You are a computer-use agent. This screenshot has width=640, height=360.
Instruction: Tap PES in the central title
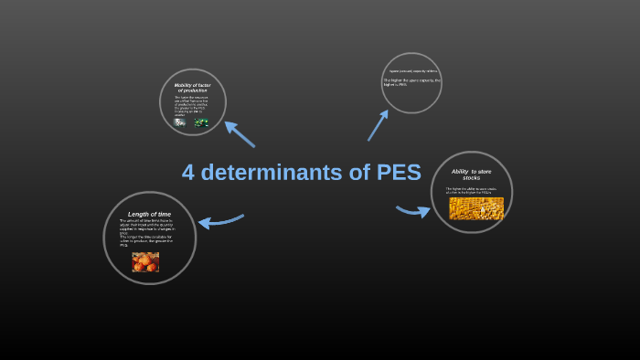pos(399,172)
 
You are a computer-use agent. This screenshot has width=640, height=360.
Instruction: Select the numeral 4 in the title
pos(188,172)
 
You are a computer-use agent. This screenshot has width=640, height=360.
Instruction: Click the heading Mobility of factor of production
pos(192,88)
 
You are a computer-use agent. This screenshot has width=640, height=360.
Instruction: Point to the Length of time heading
pos(149,214)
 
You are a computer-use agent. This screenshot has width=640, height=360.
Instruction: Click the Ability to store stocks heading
pos(471,174)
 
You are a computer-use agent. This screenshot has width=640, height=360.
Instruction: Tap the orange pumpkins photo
pos(145,262)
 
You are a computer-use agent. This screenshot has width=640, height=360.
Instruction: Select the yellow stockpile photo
pos(476,208)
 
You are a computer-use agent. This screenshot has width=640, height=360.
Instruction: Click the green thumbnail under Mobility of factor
pos(201,122)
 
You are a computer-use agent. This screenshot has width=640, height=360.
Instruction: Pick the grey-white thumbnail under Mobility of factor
pos(180,122)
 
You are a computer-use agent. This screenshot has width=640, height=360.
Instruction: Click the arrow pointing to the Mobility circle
pos(239,133)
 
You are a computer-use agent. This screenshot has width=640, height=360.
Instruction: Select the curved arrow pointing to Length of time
pos(220,221)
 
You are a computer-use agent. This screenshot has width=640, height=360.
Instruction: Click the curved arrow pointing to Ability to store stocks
pos(413,211)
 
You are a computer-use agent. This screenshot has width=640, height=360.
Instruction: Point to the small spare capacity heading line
pos(413,70)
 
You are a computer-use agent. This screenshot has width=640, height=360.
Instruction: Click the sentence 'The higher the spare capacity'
pos(411,82)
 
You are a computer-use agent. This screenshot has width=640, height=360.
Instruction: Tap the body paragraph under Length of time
pos(145,233)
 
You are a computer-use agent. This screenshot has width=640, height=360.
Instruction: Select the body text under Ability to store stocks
pos(471,191)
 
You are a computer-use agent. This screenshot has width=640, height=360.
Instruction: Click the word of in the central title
pos(359,172)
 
